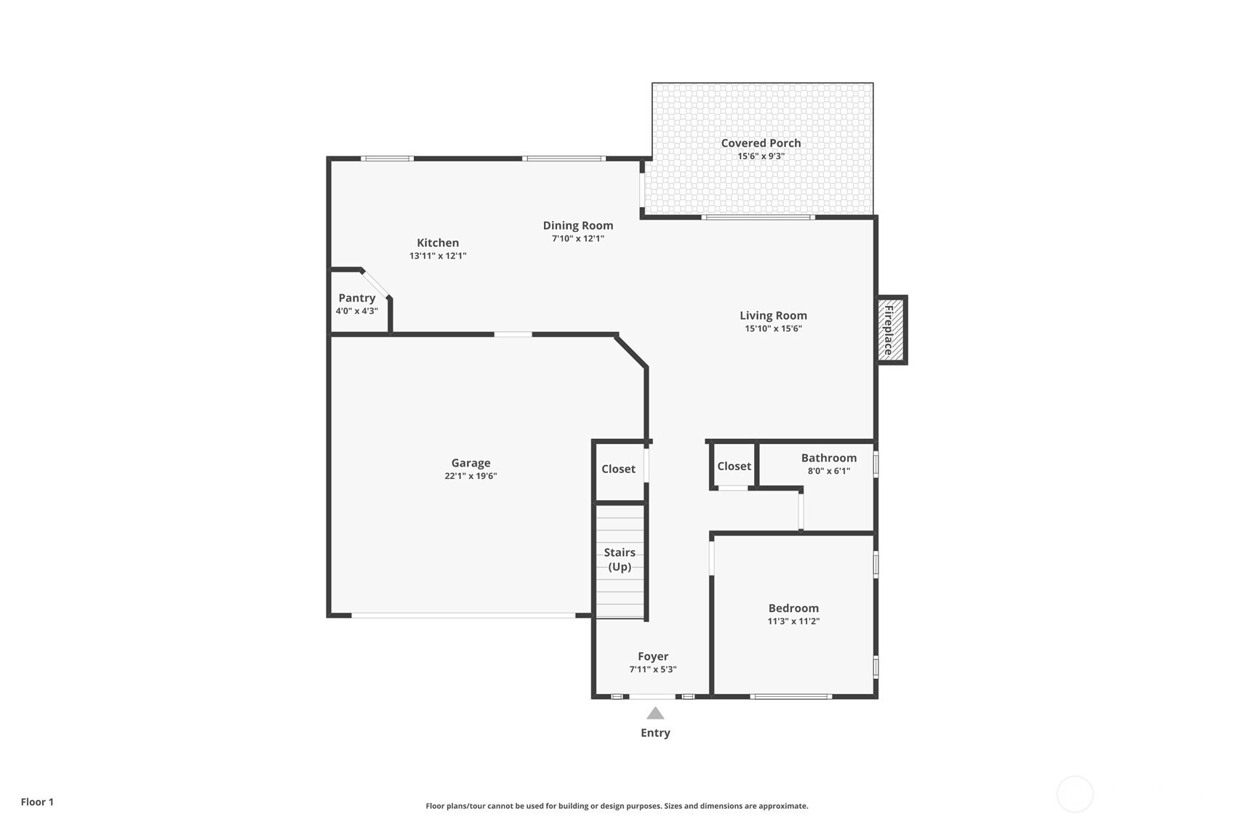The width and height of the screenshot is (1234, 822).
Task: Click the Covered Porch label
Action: click(x=761, y=143)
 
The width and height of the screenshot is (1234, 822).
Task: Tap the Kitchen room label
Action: click(x=438, y=243)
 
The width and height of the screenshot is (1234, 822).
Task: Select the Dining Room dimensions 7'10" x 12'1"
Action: click(x=578, y=238)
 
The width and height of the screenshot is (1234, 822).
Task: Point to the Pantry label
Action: click(x=357, y=298)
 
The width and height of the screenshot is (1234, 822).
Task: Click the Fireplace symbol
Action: click(x=891, y=330)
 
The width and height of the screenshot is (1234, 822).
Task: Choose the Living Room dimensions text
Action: click(x=774, y=329)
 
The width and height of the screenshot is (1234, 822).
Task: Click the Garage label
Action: click(x=471, y=463)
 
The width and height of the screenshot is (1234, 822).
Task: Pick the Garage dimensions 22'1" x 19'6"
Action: click(x=471, y=476)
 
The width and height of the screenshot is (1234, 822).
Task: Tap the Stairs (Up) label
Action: click(x=620, y=560)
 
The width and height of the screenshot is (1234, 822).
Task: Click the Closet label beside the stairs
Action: click(x=618, y=469)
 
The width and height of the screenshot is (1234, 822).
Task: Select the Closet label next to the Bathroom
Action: click(x=734, y=467)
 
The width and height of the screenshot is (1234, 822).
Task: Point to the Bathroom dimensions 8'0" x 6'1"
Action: click(x=829, y=471)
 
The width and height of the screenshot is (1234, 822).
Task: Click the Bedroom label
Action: click(x=794, y=608)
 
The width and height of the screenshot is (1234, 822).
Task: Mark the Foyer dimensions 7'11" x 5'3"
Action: click(x=653, y=669)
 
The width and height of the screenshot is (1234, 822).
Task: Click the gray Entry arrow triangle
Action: click(x=655, y=714)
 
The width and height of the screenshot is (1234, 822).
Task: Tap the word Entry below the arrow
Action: click(x=655, y=733)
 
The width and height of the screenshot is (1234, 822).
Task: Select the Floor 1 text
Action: click(x=38, y=802)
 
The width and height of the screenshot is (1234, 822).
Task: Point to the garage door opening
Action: click(x=463, y=616)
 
